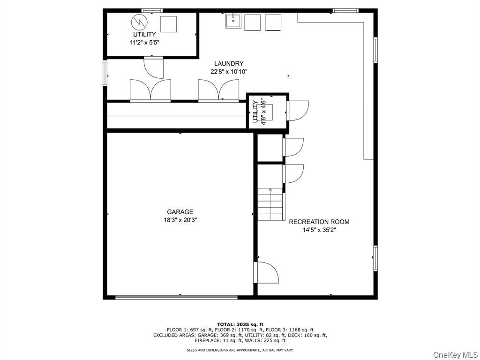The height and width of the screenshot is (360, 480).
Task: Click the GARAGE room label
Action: point(180,212)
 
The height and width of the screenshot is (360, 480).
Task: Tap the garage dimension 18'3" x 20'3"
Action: point(180,219)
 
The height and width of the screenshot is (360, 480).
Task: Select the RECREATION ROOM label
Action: point(319,222)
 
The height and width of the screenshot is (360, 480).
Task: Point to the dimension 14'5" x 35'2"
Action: point(319,230)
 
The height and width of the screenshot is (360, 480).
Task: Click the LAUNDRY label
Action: point(229,64)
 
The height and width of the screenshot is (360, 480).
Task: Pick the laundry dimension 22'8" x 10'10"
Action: point(229,72)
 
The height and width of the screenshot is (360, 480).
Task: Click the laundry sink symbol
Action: point(233,22)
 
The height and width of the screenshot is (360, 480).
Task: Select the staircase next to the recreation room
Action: point(271,204)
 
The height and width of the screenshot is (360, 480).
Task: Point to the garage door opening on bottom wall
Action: point(176,297)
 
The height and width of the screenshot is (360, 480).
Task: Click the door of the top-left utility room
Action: point(153,67)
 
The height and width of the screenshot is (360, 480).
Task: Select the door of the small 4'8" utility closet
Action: point(297,111)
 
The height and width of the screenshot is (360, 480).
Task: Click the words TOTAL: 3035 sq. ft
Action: point(240,324)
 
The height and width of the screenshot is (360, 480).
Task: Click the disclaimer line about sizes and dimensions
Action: point(240,350)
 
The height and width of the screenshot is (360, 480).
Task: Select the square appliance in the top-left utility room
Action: point(168,23)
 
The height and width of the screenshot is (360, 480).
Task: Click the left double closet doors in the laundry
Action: point(150,90)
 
